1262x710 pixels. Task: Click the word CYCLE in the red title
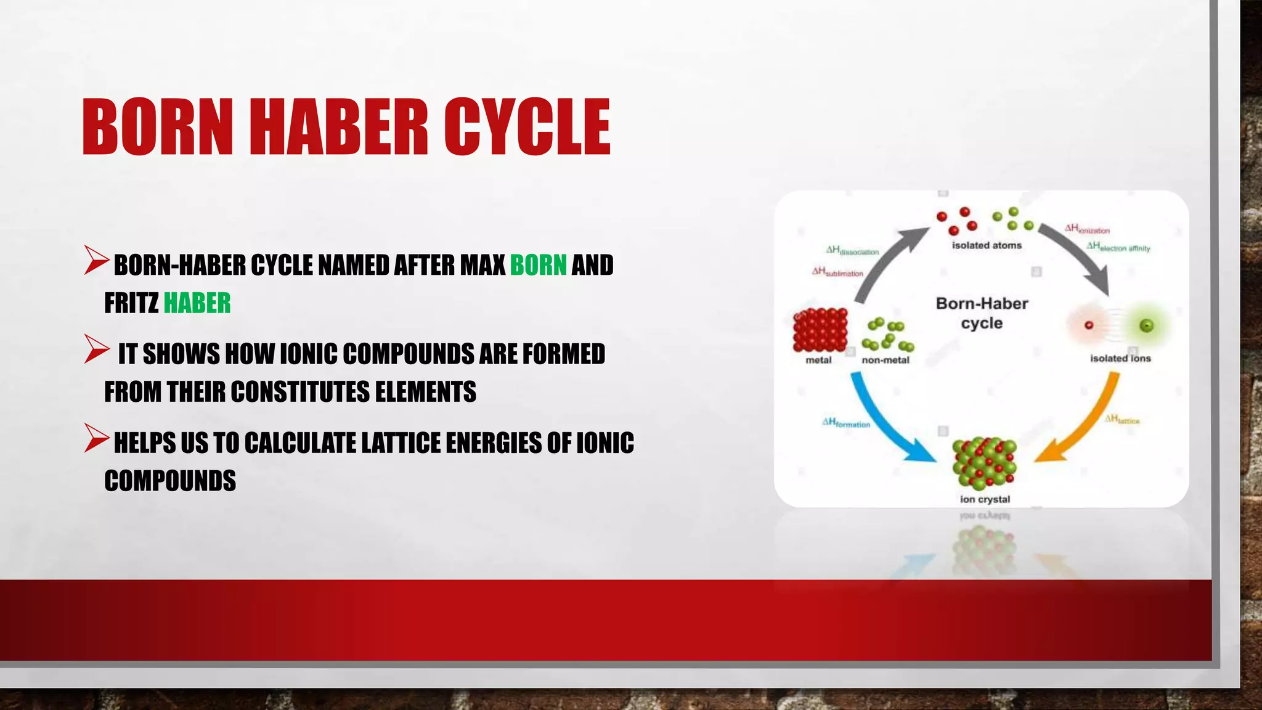click(x=527, y=127)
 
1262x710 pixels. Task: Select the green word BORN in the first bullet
click(x=538, y=265)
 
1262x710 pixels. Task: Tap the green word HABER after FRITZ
click(x=197, y=303)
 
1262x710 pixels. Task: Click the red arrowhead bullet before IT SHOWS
click(x=96, y=349)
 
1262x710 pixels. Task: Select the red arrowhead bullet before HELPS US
click(x=96, y=438)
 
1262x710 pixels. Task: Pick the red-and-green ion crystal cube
click(x=984, y=463)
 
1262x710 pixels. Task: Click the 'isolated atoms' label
click(x=987, y=245)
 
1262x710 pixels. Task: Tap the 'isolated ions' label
click(x=1120, y=358)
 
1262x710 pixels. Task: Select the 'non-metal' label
click(x=885, y=360)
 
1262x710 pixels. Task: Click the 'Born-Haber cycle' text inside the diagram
click(x=982, y=313)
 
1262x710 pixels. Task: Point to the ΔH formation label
click(x=846, y=423)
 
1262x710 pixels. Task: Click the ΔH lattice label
click(x=1122, y=420)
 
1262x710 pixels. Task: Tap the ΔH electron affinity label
click(x=1118, y=247)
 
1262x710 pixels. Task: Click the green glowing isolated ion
click(x=1146, y=325)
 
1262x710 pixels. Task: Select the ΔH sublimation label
click(x=837, y=272)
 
